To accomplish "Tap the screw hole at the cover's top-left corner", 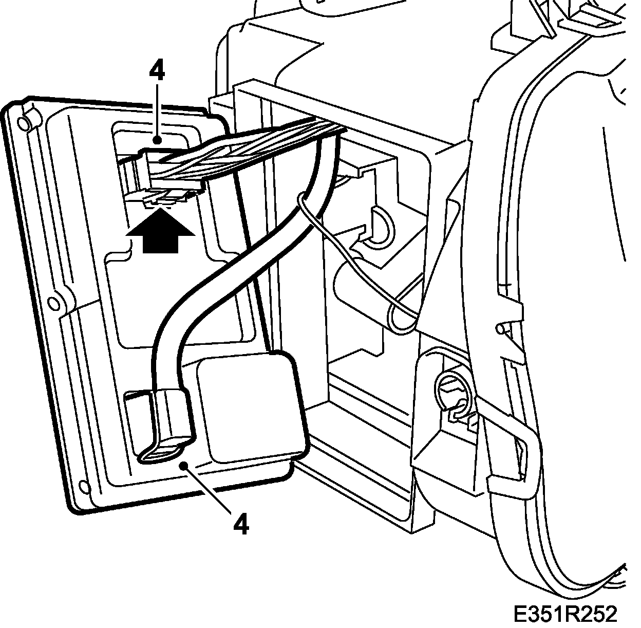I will pos(23,122).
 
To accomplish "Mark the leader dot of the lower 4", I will pos(182,466).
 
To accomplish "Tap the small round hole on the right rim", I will pos(500,327).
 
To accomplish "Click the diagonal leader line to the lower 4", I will pos(211,491).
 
